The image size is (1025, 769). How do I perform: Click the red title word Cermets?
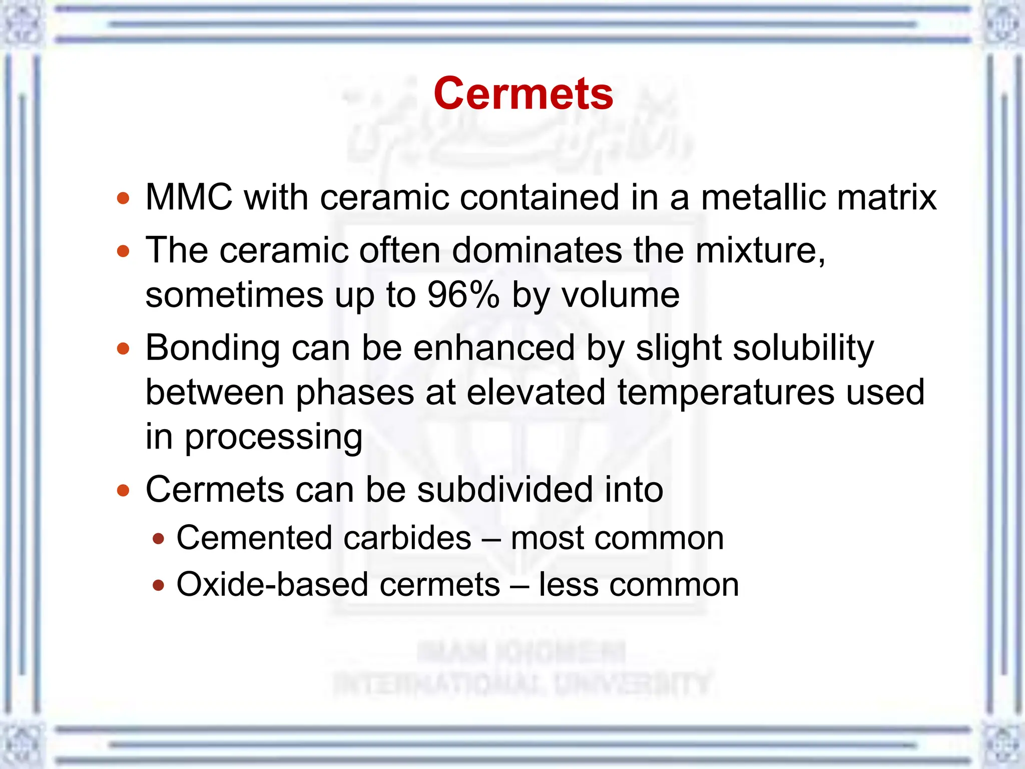coord(523,94)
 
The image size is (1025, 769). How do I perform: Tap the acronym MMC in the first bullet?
coord(189,197)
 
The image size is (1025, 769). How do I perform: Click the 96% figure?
coord(463,295)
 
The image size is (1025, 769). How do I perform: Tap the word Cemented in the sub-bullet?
coord(254,538)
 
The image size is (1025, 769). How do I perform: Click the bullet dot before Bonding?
coord(123,348)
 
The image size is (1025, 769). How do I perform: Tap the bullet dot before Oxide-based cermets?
coord(159,585)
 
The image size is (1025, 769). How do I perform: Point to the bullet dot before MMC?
coord(123,198)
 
